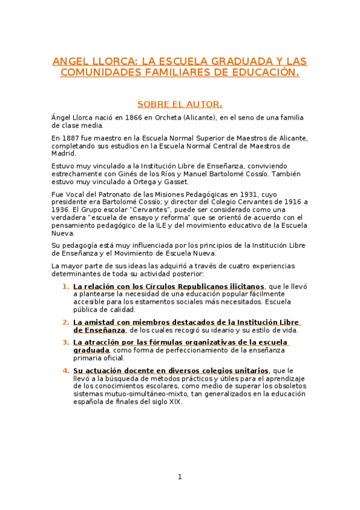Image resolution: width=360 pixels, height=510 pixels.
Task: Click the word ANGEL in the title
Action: tap(69, 61)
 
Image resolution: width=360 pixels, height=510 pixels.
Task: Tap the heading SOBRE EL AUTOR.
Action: tap(180, 104)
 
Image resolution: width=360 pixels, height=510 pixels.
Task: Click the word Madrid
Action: tap(64, 153)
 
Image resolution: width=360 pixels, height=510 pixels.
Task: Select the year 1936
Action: tap(61, 210)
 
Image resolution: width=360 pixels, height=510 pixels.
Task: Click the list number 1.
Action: tap(66, 286)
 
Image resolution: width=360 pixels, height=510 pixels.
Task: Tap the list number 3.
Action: tap(66, 343)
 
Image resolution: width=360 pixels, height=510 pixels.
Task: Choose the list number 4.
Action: tap(66, 370)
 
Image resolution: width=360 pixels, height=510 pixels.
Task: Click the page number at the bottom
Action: tap(180, 477)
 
